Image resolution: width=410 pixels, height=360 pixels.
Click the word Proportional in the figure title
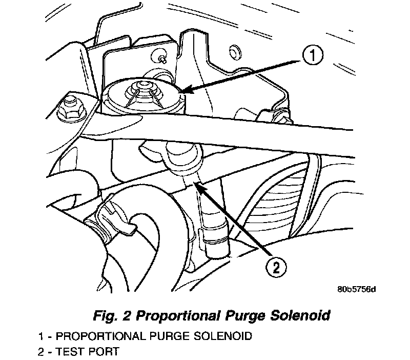click(163, 314)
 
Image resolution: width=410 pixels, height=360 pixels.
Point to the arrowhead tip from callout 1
click(183, 93)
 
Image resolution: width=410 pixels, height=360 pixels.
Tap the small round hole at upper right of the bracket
click(236, 50)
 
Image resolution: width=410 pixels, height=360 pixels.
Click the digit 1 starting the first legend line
click(40, 337)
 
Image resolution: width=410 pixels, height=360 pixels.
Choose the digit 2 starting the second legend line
click(40, 351)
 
